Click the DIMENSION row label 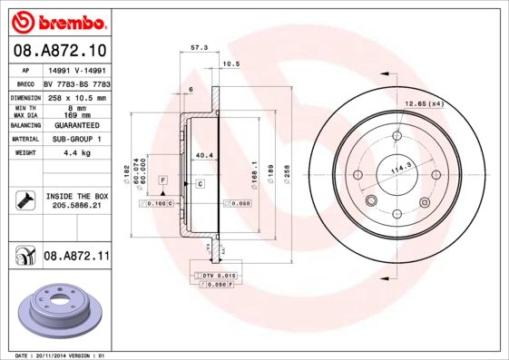[26, 97]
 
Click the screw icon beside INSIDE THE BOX [25, 200]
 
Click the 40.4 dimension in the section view [204, 155]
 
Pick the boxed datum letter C [200, 184]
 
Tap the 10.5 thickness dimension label [230, 63]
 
